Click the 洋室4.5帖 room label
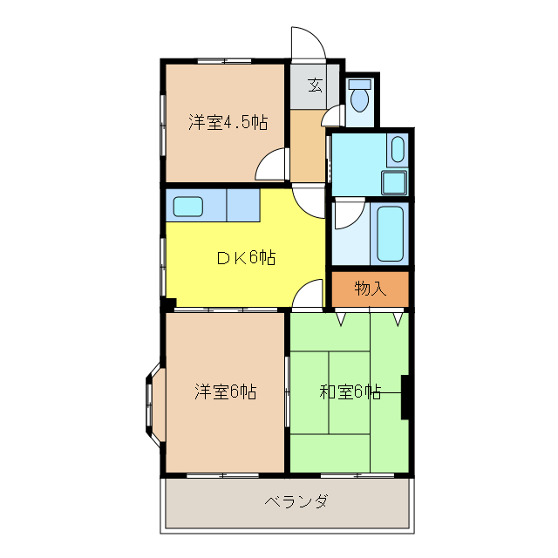click(228, 123)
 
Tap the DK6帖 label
click(247, 257)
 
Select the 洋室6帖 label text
click(225, 391)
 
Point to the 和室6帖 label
click(350, 391)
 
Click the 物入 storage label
click(370, 289)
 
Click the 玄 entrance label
click(315, 85)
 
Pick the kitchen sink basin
click(188, 207)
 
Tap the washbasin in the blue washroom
click(398, 151)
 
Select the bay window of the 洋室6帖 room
click(152, 405)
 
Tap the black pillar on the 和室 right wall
click(405, 397)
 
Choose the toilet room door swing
click(333, 116)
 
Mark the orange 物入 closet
click(370, 289)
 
